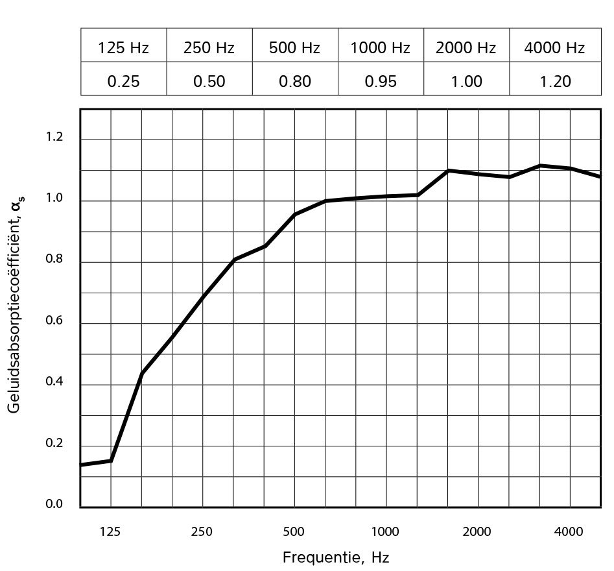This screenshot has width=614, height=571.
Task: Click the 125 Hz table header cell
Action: pyautogui.click(x=123, y=47)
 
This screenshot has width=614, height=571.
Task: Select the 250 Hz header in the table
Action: pyautogui.click(x=209, y=47)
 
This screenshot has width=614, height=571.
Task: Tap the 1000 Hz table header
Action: pyautogui.click(x=381, y=47)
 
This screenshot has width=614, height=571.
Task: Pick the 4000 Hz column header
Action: pyautogui.click(x=554, y=47)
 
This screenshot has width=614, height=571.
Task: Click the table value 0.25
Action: pyautogui.click(x=123, y=81)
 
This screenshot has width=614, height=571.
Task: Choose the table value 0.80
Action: pyautogui.click(x=295, y=81)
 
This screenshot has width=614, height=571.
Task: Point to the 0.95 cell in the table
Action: pyautogui.click(x=381, y=81)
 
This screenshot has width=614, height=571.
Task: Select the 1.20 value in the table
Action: pyautogui.click(x=554, y=81)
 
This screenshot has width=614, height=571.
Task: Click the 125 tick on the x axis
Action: pyautogui.click(x=110, y=532)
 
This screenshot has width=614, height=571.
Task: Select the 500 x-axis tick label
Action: pyautogui.click(x=294, y=532)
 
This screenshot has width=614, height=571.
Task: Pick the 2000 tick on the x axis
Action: pyautogui.click(x=477, y=532)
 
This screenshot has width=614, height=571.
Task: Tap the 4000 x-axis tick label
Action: pyautogui.click(x=569, y=532)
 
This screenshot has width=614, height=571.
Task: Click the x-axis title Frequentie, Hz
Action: pyautogui.click(x=335, y=557)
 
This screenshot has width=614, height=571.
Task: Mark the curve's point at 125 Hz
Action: pyautogui.click(x=111, y=461)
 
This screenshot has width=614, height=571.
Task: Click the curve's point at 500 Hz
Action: pyautogui.click(x=295, y=214)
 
